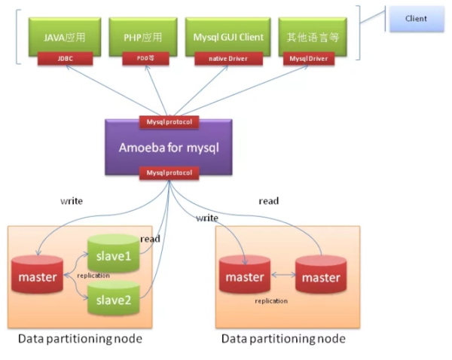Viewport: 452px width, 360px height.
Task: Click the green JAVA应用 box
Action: point(65,35)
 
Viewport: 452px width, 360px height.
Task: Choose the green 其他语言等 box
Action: point(307,35)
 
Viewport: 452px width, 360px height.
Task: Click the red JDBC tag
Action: point(65,58)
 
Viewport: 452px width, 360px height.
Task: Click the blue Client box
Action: point(415,19)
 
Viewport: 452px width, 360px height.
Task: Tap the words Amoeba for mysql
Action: point(168,147)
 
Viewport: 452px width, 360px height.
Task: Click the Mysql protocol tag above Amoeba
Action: point(169,121)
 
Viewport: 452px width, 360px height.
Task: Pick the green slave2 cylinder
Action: point(113,301)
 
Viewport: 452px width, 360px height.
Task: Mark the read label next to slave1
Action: point(150,239)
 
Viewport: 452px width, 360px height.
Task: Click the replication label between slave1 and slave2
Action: point(93,276)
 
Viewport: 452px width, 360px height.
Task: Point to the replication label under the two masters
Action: point(271,301)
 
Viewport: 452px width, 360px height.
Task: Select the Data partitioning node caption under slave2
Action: point(80,339)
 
